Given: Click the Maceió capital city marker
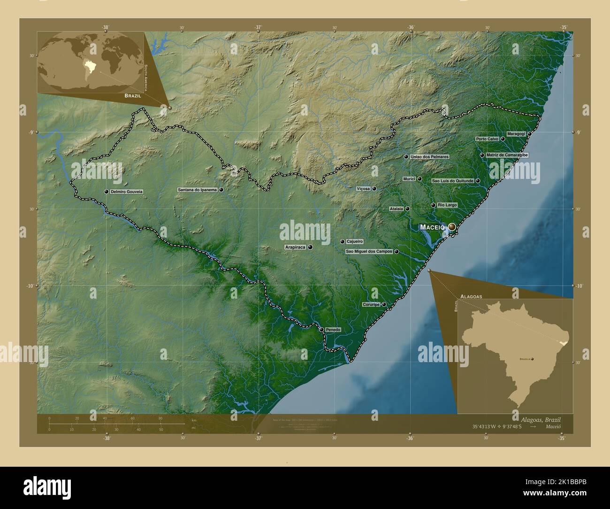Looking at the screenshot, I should click(452, 227).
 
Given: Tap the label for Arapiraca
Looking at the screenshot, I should click(295, 247).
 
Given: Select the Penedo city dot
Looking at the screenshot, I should click(321, 330).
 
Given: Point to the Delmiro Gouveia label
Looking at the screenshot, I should click(127, 192).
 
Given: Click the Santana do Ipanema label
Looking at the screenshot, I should click(197, 190).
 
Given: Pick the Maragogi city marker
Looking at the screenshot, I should click(529, 134).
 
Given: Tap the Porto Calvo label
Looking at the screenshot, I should click(487, 139).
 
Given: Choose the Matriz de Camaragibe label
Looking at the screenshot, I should click(507, 155).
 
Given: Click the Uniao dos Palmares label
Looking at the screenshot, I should click(429, 156).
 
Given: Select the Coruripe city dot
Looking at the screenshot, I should click(384, 304).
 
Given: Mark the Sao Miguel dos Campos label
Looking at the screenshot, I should click(369, 252).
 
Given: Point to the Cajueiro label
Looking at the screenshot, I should click(355, 241).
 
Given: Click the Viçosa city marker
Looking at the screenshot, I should click(374, 189).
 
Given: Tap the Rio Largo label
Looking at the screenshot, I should click(447, 205).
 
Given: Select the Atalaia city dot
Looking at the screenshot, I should click(407, 209).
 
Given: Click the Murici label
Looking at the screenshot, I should click(409, 179).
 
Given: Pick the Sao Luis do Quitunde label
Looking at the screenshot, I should click(453, 180).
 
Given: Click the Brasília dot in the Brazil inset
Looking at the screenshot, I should click(533, 359).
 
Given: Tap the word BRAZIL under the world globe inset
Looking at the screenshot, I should click(132, 95).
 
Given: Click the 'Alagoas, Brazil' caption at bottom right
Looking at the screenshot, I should click(540, 419).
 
